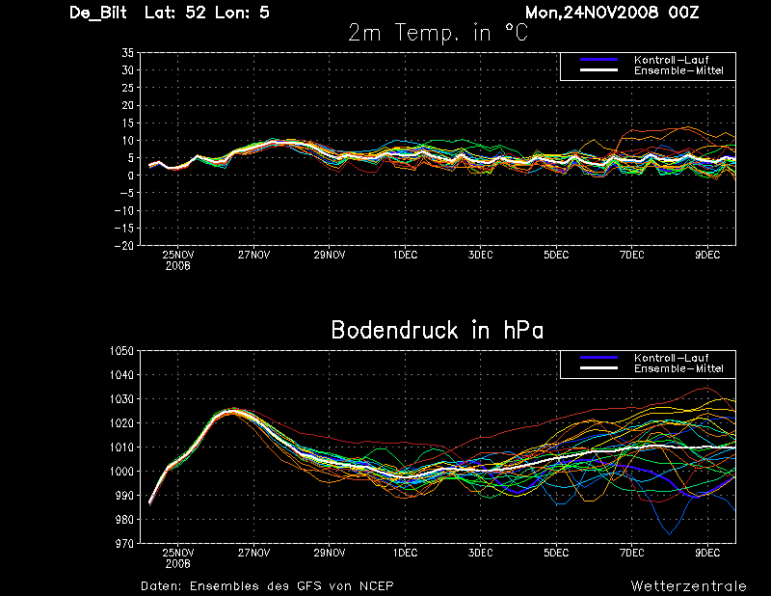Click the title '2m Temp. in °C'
438,33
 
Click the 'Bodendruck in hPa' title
437,330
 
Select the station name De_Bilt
101,13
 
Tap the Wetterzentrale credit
688,585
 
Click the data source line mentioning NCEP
267,585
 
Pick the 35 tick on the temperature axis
127,53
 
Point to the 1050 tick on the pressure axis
121,351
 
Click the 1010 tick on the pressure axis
121,447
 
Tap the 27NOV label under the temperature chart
253,256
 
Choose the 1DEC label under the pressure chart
405,554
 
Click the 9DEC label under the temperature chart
707,256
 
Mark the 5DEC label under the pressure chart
556,554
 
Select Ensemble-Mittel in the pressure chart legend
678,368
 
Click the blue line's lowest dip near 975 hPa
669,533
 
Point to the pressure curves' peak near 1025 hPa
232,410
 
